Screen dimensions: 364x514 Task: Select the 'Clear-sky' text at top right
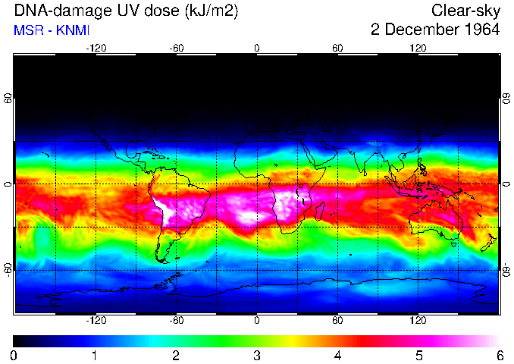[465, 11]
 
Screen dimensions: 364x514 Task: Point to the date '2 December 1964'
[435, 30]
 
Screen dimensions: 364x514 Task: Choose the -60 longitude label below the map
[176, 320]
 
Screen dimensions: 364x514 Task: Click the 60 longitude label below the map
[337, 320]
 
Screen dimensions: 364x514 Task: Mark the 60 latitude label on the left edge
[8, 99]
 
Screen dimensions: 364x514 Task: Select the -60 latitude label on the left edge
[8, 269]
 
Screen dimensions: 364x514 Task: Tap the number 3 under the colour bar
[257, 355]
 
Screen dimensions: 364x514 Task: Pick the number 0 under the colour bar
[14, 355]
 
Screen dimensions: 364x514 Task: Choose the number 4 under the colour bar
[337, 355]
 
